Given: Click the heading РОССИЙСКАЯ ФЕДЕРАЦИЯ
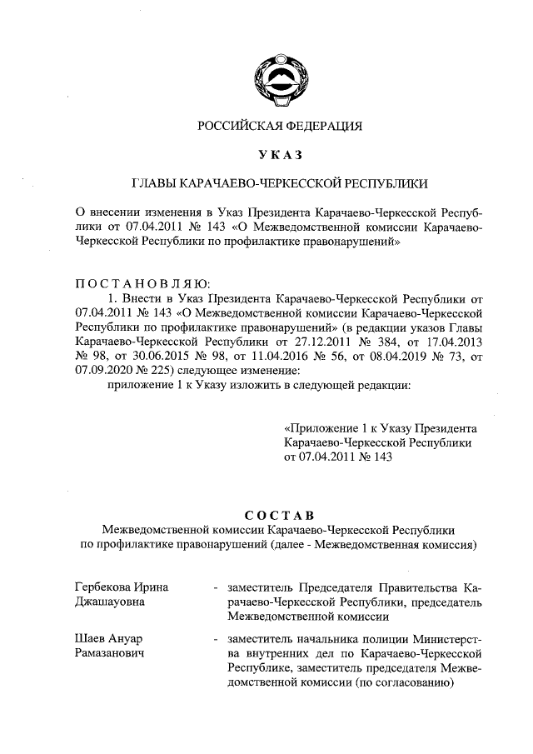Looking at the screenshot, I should (x=280, y=127).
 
